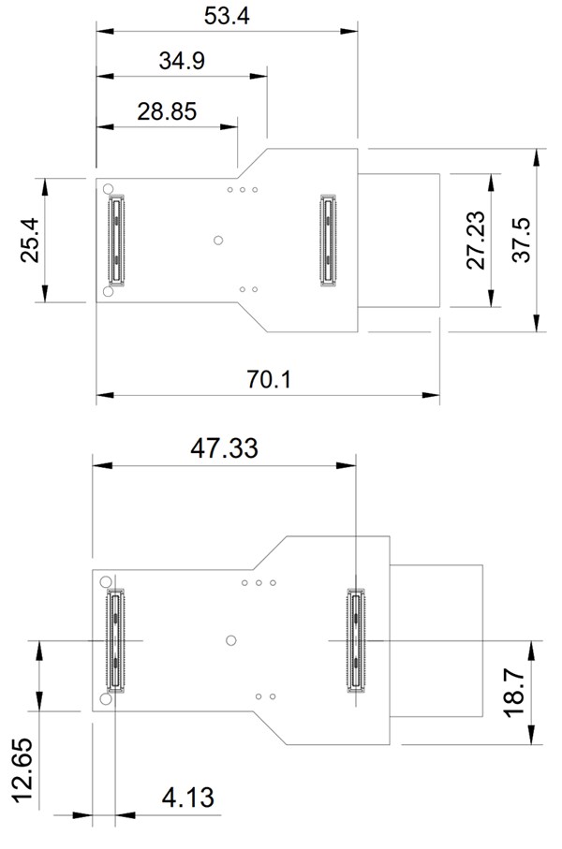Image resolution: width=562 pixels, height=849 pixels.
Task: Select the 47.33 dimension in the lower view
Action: click(224, 447)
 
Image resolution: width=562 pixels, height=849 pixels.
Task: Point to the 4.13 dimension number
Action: click(187, 798)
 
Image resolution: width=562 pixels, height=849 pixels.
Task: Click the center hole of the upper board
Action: click(218, 241)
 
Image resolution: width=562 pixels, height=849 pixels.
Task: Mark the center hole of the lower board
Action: click(231, 640)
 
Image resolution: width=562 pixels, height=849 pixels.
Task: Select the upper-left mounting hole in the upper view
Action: click(109, 187)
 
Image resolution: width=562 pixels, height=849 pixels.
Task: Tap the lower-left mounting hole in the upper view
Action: click(109, 293)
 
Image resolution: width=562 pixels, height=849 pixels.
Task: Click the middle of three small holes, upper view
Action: click(243, 190)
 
